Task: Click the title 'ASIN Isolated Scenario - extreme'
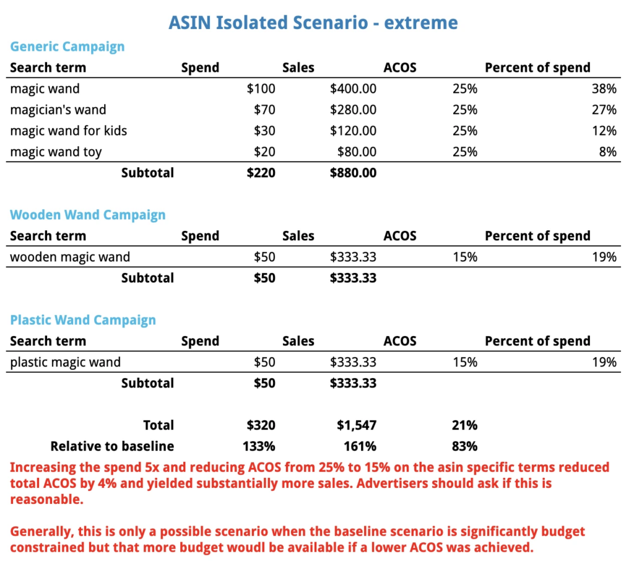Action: point(313,24)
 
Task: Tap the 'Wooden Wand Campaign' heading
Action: point(88,215)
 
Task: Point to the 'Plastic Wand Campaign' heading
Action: point(83,320)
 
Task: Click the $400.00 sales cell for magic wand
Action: point(353,89)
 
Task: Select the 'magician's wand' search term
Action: point(58,110)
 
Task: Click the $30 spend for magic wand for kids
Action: point(264,131)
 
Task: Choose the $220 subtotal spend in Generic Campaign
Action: point(261,173)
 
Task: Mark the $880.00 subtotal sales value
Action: point(353,173)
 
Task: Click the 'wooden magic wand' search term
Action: point(70,257)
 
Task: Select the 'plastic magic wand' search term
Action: point(65,362)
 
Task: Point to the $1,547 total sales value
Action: point(356,425)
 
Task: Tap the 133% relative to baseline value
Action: point(261,446)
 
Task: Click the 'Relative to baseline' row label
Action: point(112,446)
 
